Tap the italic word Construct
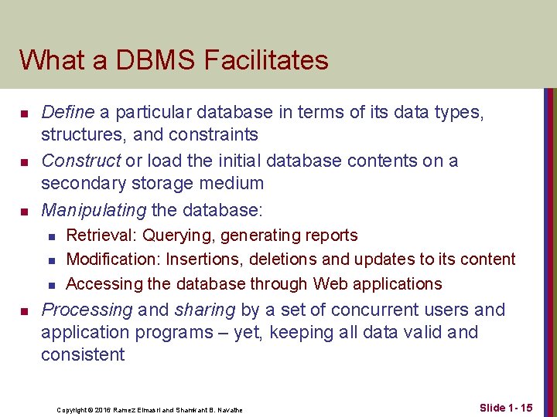[80, 161]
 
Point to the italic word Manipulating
[94, 209]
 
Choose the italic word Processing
[87, 310]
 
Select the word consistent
[83, 355]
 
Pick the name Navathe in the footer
[230, 409]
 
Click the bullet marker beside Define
[25, 114]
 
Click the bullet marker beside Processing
[25, 310]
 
